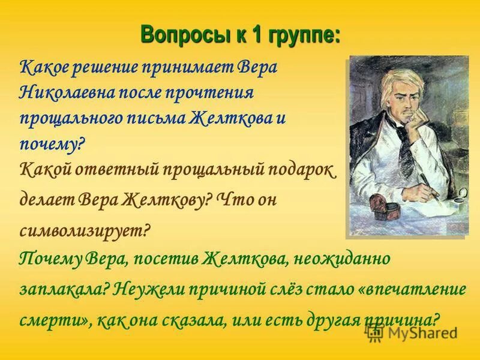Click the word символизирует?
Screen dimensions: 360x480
click(x=84, y=229)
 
